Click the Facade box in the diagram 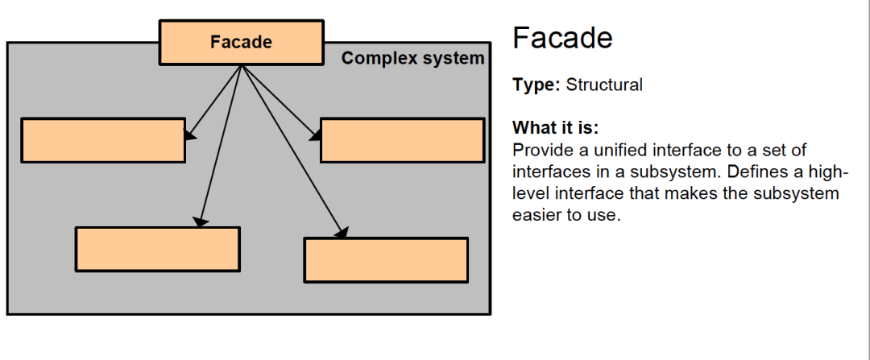[241, 43]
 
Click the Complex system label [412, 59]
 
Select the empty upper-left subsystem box [103, 140]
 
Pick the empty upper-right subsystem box [402, 140]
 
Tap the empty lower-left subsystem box [157, 249]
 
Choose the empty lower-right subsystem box [386, 259]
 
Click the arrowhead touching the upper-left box [190, 134]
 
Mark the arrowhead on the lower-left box [201, 221]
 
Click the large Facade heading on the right [562, 38]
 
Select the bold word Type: [536, 85]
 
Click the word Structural [604, 85]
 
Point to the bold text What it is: [555, 129]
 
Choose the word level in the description [529, 194]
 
